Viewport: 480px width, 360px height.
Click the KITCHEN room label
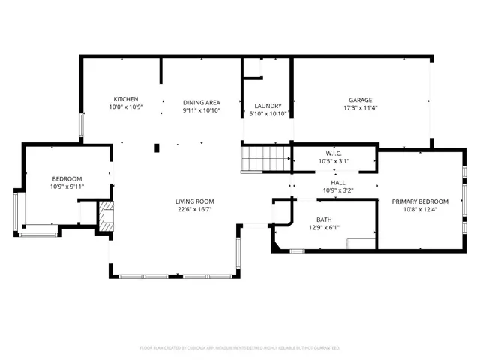coord(125,100)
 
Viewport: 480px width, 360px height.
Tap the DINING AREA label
coord(201,101)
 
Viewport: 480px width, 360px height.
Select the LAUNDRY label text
coord(268,106)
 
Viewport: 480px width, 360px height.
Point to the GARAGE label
coord(360,100)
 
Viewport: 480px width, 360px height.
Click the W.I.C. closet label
coord(334,154)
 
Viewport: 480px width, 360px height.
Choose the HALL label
coord(337,182)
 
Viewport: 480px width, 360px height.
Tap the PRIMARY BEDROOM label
coord(420,202)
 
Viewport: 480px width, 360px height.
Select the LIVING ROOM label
coord(195,202)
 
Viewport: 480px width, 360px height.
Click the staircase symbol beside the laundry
coord(265,159)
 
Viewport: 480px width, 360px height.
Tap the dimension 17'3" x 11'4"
coord(360,108)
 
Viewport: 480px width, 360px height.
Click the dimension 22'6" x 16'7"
coord(195,210)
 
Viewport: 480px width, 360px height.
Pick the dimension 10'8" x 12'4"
coord(420,210)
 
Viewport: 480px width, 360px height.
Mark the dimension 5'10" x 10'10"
coord(268,114)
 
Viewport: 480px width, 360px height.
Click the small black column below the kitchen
coord(156,148)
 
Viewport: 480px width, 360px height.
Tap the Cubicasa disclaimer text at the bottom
coord(240,348)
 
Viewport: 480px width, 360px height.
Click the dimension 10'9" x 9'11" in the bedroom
coord(67,187)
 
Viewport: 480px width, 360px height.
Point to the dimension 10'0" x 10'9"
coord(125,107)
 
